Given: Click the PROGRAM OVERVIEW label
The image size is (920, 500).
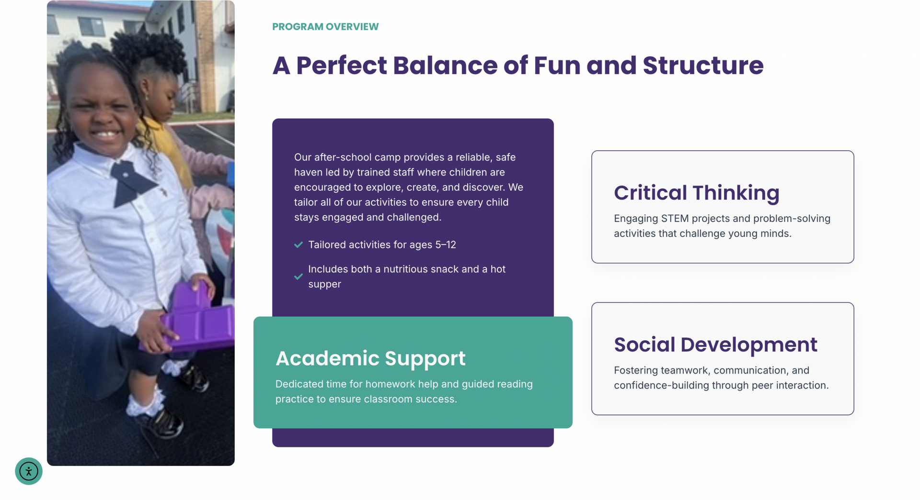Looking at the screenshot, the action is point(325,27).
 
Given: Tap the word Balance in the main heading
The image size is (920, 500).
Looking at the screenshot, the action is point(445,65).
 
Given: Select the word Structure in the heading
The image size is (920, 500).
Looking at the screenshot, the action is point(703,65).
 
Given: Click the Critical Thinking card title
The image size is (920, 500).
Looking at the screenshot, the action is point(697,193).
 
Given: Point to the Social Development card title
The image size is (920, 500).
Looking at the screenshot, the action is point(715,344).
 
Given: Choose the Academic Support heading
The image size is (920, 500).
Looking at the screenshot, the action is point(370,358).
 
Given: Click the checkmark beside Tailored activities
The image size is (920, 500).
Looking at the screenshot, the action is point(299,244).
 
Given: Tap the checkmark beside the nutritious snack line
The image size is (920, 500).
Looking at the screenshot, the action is point(299,277).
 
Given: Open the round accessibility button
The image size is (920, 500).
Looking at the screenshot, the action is point(29,471).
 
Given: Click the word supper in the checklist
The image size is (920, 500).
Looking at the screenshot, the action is point(324,284).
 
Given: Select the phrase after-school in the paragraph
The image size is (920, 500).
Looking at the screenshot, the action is point(342,157).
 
